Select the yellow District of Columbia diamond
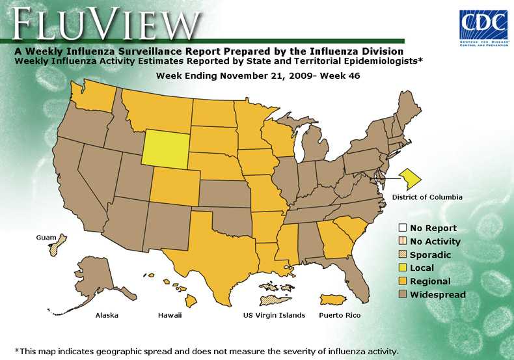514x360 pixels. (x=411, y=176)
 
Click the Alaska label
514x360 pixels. (x=107, y=316)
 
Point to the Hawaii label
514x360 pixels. (x=170, y=316)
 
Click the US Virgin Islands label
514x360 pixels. (x=274, y=316)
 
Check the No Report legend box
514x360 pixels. (x=403, y=228)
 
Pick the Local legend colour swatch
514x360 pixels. (x=403, y=268)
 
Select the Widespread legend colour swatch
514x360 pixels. (x=403, y=295)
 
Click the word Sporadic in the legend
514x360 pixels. (x=431, y=255)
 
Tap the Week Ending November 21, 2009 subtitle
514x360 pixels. (x=258, y=76)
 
